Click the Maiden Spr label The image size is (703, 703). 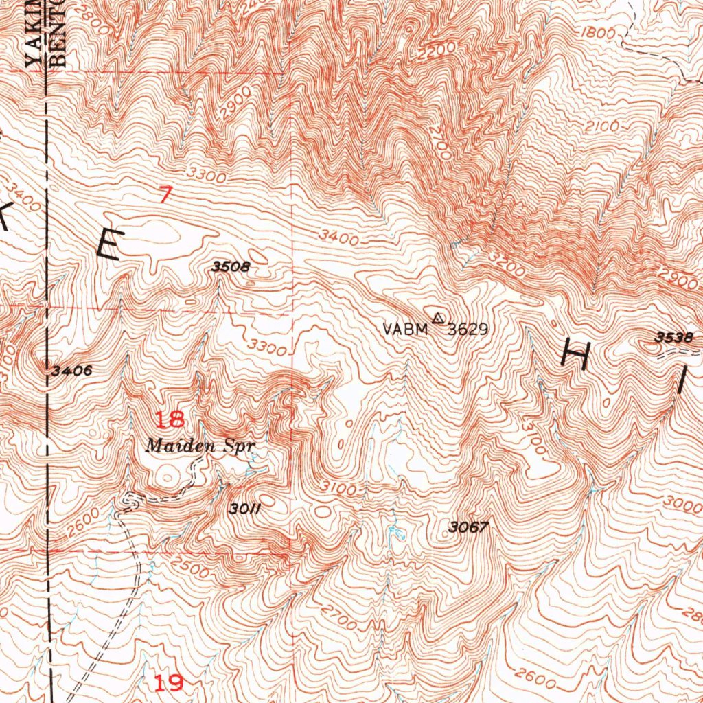coord(200,446)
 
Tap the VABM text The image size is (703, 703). coord(405,330)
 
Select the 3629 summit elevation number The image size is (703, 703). coord(468,330)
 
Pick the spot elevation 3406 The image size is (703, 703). coord(72,371)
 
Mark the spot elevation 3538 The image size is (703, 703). coord(673,336)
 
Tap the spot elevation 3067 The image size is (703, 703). coord(468,527)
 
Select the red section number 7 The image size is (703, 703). coord(164,196)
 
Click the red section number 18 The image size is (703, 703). coord(169,419)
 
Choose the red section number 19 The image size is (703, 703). coord(168,682)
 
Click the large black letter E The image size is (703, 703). coord(110,244)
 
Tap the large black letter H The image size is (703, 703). coord(576,355)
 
